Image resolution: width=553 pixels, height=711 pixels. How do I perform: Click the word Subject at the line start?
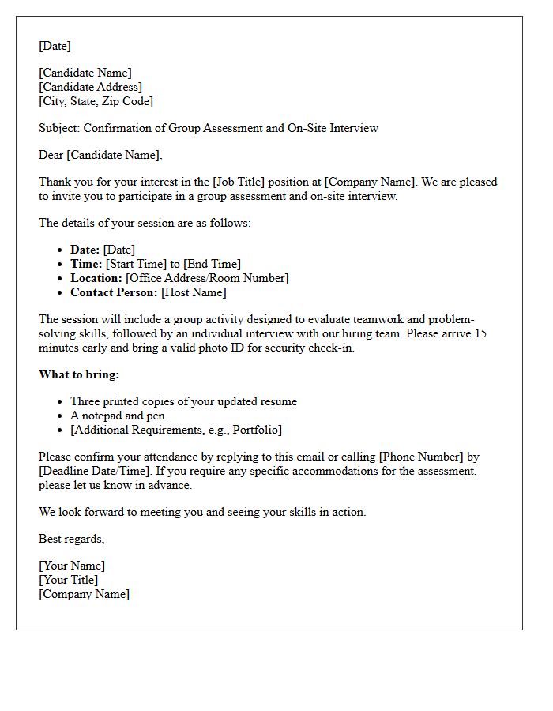tap(58, 128)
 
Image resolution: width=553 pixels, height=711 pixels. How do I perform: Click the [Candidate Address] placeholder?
tap(91, 87)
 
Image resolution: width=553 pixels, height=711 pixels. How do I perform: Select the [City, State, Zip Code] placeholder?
tap(96, 101)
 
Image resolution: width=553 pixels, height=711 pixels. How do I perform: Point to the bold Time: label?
tap(86, 264)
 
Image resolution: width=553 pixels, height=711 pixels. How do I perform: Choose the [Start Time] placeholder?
tap(137, 264)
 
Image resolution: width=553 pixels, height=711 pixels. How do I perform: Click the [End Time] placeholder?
tap(212, 264)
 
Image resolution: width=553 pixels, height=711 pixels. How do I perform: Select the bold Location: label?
tap(96, 278)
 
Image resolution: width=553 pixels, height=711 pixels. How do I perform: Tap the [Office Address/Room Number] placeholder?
tap(207, 278)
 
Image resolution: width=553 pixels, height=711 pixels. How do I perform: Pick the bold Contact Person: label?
tap(114, 292)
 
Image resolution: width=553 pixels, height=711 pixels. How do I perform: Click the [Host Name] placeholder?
tap(194, 292)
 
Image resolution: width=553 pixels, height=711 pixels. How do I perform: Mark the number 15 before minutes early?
tap(480, 333)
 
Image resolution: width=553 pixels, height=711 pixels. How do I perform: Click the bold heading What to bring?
tap(79, 374)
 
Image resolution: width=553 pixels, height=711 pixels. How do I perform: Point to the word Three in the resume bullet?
tap(86, 401)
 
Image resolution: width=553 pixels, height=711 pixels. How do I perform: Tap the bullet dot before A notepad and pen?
tap(59, 416)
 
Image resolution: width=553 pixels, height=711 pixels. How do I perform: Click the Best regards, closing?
tap(72, 539)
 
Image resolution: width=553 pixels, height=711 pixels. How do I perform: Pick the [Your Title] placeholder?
tap(69, 580)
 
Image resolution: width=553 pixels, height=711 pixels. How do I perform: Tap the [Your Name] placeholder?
tap(72, 566)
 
